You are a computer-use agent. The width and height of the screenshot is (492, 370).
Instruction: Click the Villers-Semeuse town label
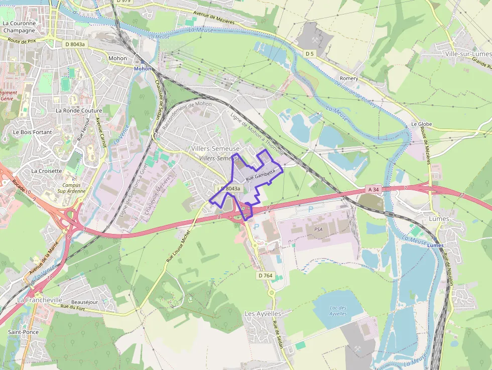pyautogui.click(x=215, y=149)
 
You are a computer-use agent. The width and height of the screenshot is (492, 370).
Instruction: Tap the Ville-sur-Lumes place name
pyautogui.click(x=467, y=54)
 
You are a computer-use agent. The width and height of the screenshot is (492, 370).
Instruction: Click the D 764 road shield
pyautogui.click(x=265, y=276)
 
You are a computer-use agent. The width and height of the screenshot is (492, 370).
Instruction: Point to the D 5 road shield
pyautogui.click(x=309, y=53)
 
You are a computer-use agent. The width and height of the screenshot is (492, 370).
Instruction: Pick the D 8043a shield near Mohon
pyautogui.click(x=76, y=44)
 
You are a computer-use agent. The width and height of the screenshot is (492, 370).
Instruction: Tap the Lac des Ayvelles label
pyautogui.click(x=338, y=310)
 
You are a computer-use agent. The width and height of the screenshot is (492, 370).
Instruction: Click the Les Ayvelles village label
pyautogui.click(x=263, y=313)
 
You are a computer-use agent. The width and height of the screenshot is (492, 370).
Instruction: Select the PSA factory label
pyautogui.click(x=318, y=229)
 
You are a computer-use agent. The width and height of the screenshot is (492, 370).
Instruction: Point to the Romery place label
pyautogui.click(x=349, y=78)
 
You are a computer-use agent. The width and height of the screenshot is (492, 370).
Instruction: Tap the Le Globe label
pyautogui.click(x=421, y=124)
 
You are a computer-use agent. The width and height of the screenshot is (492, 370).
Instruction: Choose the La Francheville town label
pyautogui.click(x=40, y=300)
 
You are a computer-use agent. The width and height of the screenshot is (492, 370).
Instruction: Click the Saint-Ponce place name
pyautogui.click(x=23, y=332)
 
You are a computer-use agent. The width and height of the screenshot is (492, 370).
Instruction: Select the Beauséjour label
pyautogui.click(x=84, y=302)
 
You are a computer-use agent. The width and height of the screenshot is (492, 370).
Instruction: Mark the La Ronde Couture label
pyautogui.click(x=79, y=110)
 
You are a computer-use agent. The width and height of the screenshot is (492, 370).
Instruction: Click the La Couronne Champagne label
pyautogui.click(x=19, y=27)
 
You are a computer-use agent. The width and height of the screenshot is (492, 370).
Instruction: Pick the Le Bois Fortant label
pyautogui.click(x=33, y=132)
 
